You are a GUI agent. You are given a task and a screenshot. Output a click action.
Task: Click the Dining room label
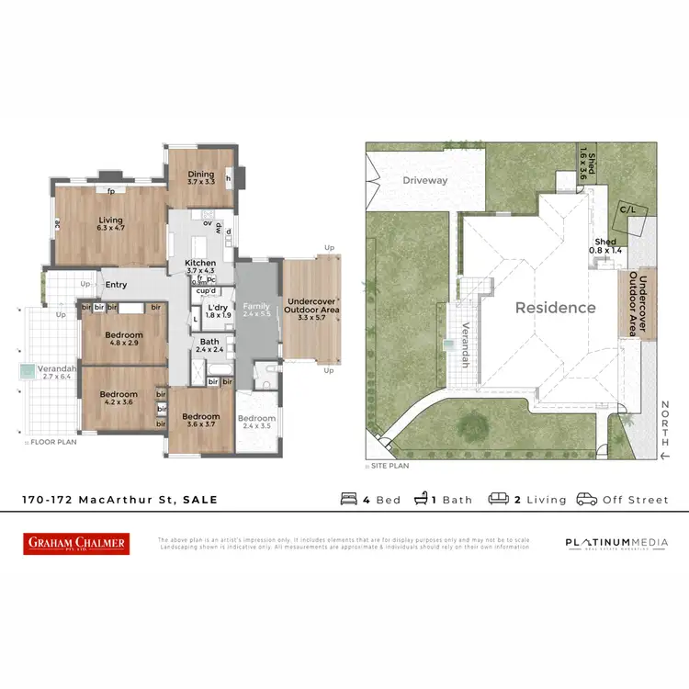click(x=201, y=174)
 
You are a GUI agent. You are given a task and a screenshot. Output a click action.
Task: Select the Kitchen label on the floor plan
click(x=200, y=264)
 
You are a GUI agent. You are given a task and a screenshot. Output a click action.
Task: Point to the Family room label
click(x=256, y=305)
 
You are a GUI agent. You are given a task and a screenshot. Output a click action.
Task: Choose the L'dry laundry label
click(x=217, y=307)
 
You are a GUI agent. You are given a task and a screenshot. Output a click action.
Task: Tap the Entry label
click(x=115, y=285)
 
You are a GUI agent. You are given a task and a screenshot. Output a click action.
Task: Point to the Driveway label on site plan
click(x=425, y=180)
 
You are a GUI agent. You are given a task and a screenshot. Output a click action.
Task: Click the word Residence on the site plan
click(x=555, y=308)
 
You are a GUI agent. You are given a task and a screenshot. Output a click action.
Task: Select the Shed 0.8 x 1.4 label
click(x=605, y=245)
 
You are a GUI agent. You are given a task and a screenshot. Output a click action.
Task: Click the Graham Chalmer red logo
click(x=76, y=544)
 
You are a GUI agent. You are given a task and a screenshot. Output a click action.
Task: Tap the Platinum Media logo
click(x=616, y=543)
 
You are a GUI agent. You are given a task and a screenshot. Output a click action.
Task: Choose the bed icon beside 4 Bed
click(x=350, y=499)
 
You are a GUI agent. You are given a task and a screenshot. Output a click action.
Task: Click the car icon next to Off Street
click(x=586, y=499)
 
